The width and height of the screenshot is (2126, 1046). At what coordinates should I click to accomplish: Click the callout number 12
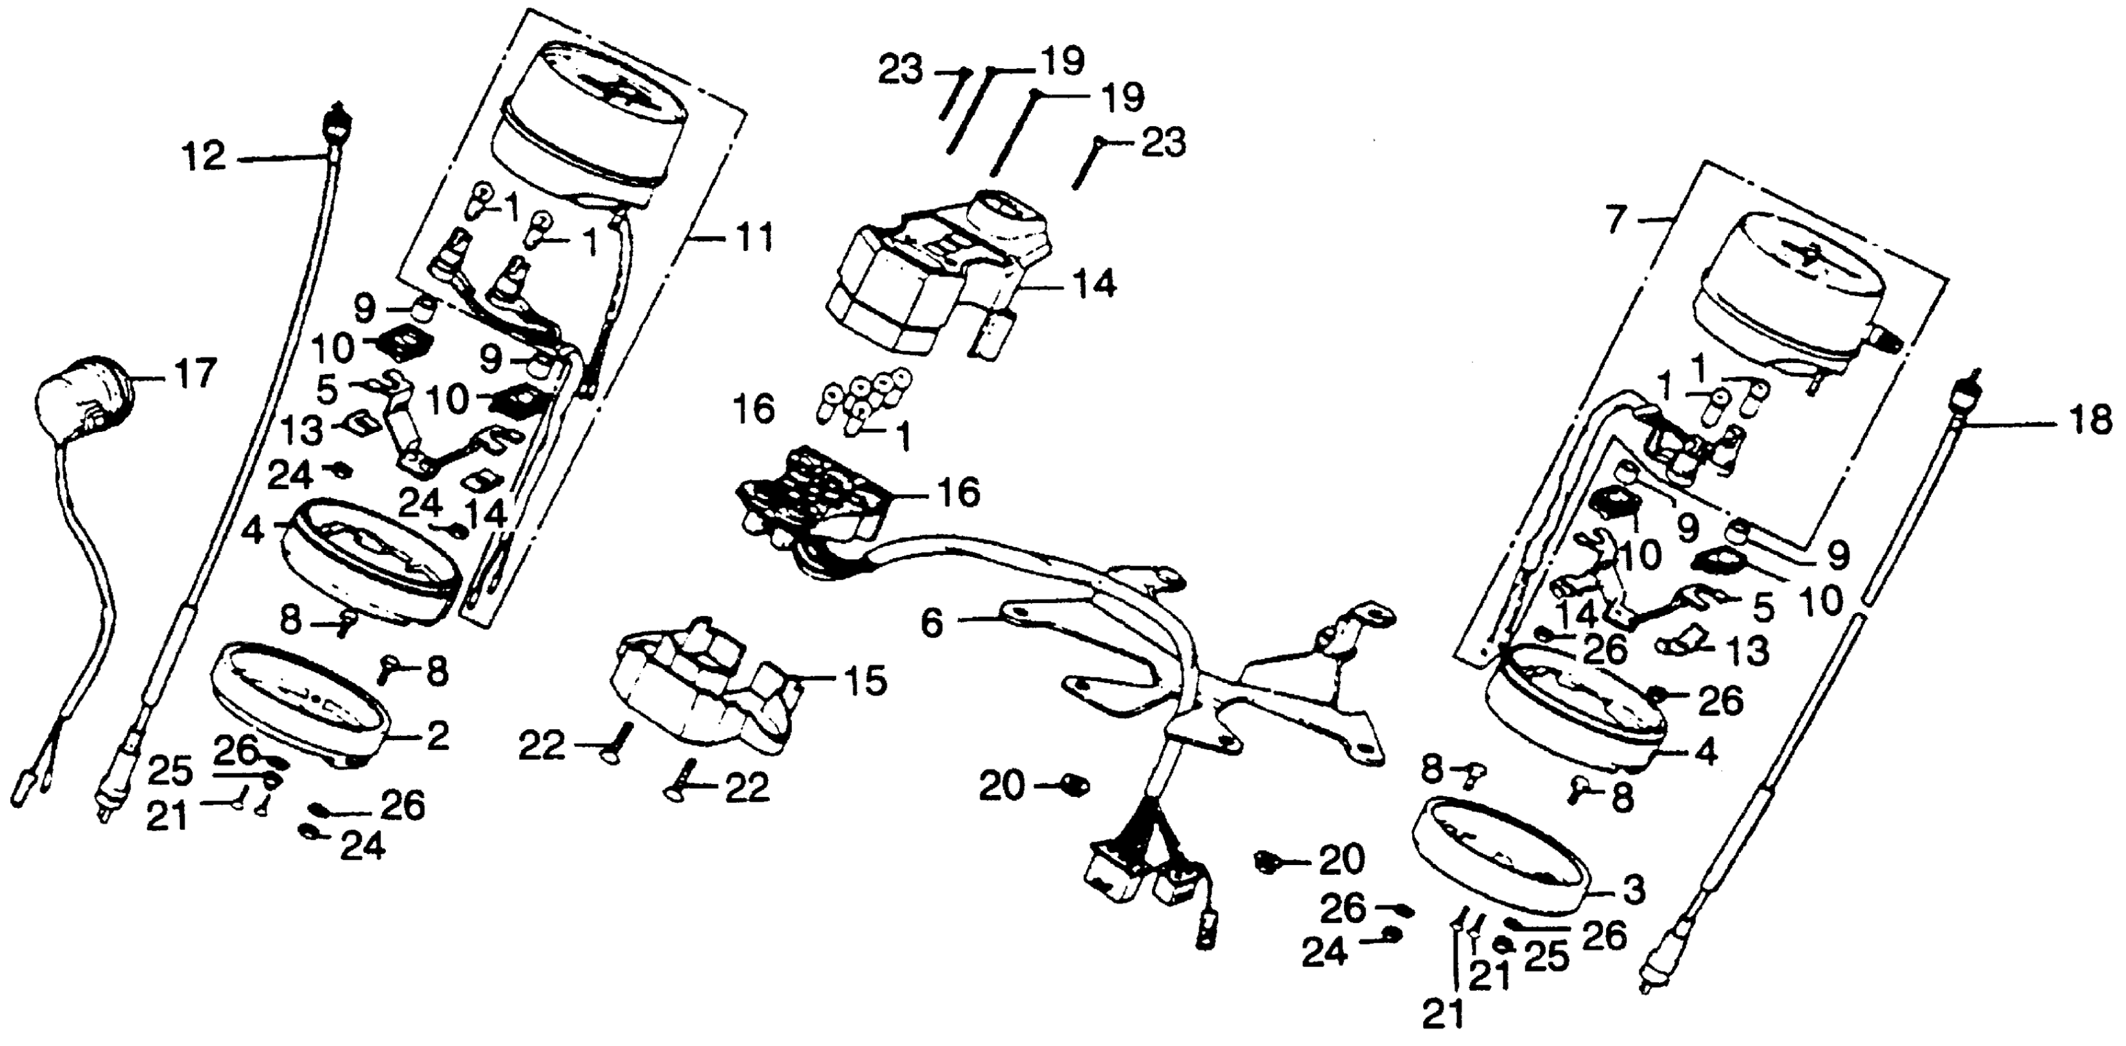[204, 156]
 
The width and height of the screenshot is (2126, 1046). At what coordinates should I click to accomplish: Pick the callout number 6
[931, 624]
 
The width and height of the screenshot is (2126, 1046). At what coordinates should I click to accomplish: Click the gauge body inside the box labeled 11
[590, 124]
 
